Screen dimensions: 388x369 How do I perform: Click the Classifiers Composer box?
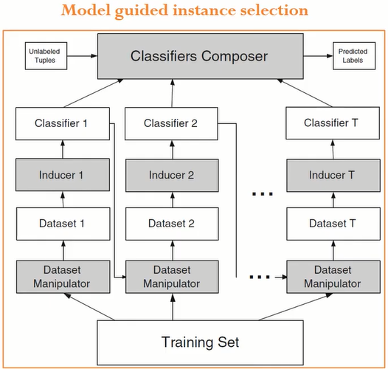pos(201,56)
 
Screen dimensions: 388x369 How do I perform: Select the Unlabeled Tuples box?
pos(46,56)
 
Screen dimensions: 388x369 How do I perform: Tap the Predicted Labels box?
pos(354,56)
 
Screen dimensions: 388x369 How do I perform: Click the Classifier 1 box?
pos(63,123)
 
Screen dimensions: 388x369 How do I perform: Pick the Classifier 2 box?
pos(171,123)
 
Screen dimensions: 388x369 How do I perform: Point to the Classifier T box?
pos(333,123)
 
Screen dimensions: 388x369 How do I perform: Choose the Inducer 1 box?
pos(63,175)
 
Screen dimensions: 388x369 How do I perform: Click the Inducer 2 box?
pos(172,176)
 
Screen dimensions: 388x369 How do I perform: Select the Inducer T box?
pos(333,176)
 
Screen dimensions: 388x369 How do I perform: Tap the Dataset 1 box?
pos(63,224)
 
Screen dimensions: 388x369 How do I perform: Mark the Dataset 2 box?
pos(172,224)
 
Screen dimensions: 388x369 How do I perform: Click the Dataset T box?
pos(333,224)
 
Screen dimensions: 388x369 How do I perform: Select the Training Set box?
pos(200,342)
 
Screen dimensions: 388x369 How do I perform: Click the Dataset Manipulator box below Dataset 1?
pos(63,277)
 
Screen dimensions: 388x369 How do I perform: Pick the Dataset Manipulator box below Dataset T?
pos(333,277)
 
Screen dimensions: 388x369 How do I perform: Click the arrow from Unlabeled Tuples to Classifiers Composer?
pos(82,56)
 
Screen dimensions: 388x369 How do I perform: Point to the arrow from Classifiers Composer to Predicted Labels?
pos(318,56)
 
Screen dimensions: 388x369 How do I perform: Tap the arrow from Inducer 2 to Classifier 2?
pos(173,150)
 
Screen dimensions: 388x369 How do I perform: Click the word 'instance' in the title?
pos(204,10)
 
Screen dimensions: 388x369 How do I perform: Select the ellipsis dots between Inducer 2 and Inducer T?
pos(263,194)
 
